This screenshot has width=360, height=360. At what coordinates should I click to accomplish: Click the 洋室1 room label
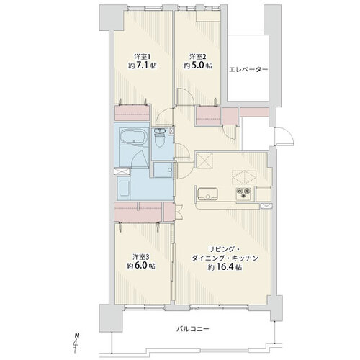(143, 57)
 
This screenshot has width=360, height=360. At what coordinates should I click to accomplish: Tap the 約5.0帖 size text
(198, 66)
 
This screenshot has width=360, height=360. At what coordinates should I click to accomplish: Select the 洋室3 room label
(141, 257)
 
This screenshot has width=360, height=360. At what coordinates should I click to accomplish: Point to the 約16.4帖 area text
(225, 267)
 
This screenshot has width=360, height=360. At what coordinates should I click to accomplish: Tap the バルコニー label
(193, 329)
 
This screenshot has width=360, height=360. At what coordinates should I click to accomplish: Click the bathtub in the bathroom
(132, 138)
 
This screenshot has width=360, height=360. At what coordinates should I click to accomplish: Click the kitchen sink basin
(207, 194)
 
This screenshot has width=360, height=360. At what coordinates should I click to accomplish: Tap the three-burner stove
(244, 193)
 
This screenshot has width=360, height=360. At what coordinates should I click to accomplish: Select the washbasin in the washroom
(124, 189)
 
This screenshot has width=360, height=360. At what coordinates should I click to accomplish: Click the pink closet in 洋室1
(132, 113)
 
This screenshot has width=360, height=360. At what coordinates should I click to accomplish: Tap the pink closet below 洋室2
(208, 116)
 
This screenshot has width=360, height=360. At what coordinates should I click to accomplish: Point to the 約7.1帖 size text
(143, 66)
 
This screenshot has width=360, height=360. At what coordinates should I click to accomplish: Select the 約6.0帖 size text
(141, 266)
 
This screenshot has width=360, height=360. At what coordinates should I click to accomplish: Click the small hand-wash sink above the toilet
(160, 131)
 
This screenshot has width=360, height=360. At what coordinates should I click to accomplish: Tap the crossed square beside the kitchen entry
(204, 161)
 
